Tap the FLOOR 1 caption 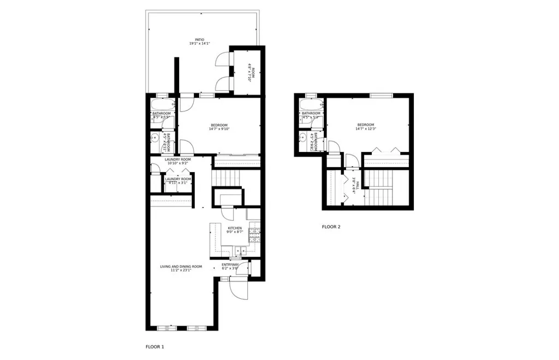coord(154,346)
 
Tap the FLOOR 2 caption coord(331,226)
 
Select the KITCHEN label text coord(235,228)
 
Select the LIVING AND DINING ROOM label coord(181,267)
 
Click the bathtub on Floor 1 coord(162,104)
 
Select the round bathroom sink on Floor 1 coord(155,137)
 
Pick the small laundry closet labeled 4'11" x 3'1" coord(178,181)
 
